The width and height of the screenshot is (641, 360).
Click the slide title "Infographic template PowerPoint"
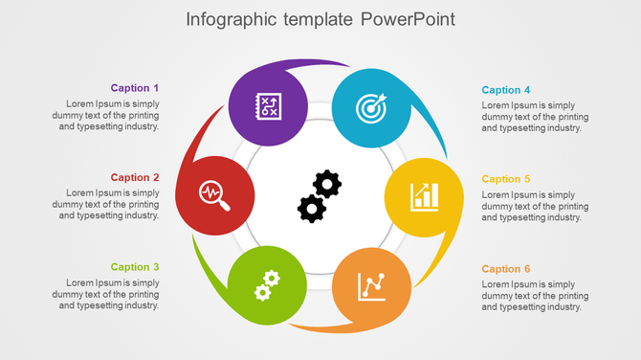click(320, 19)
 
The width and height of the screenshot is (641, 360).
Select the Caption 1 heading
click(135, 88)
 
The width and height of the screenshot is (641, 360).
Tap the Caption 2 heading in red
click(135, 177)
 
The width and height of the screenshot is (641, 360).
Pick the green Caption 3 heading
click(135, 267)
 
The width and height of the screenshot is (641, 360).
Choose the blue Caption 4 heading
click(506, 90)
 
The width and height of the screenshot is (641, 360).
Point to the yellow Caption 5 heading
click(506, 179)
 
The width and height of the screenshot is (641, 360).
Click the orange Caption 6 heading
click(506, 269)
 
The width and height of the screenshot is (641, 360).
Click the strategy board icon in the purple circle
click(268, 105)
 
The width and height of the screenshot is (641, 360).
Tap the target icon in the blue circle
click(371, 107)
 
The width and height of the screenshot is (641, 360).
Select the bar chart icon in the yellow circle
click(424, 196)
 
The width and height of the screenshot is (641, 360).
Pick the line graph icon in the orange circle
click(371, 285)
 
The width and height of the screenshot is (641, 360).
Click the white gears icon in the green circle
click(267, 284)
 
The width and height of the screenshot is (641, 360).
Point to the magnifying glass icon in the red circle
click(215, 195)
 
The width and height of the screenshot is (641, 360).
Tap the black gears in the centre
click(320, 195)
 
